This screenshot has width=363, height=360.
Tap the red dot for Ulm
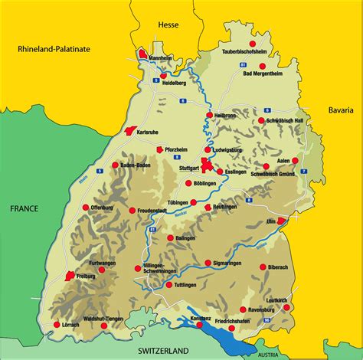pyautogui.click(x=280, y=221)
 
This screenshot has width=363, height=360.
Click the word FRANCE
pyautogui.click(x=25, y=208)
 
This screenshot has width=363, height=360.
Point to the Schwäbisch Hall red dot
pyautogui.click(x=262, y=120)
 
